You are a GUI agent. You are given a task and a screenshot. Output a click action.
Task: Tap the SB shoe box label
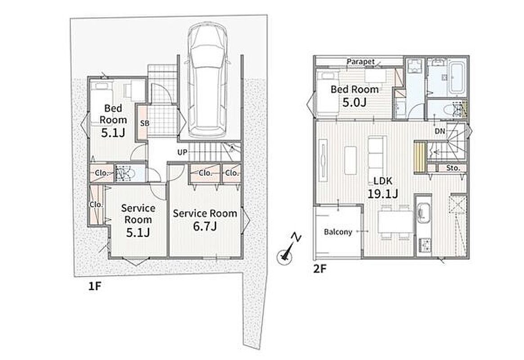pos(144,123)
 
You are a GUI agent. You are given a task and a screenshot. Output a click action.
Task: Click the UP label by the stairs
pos(182,153)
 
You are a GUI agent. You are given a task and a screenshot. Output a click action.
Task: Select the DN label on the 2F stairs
pos(440,131)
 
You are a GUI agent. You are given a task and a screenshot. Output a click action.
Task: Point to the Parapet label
pos(361,62)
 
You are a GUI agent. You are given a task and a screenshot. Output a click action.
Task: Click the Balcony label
pos(338,232)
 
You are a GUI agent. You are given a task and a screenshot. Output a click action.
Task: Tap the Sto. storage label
pos(453,168)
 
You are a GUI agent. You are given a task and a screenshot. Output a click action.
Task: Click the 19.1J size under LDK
pos(383,193)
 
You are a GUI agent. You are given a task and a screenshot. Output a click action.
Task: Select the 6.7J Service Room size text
pos(205,226)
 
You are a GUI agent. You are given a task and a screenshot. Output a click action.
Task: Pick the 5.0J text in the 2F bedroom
pos(354,102)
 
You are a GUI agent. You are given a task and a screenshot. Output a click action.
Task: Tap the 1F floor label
pos(94,286)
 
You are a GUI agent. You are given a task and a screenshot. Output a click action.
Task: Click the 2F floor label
pos(319,269)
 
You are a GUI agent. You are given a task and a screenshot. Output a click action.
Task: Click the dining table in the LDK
pos(395,222)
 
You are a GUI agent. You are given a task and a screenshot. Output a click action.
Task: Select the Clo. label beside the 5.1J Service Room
pos(96,204)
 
